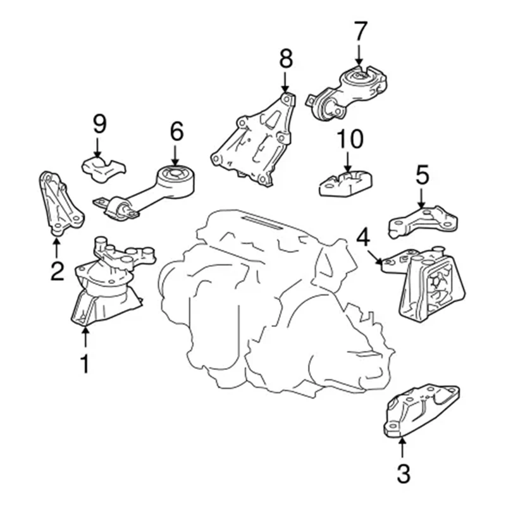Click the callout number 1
(83, 364)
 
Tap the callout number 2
(57, 271)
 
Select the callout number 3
(403, 472)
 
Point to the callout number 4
(363, 238)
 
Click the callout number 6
(176, 131)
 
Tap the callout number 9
(99, 124)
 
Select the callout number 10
(349, 139)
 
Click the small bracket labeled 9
(103, 168)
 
